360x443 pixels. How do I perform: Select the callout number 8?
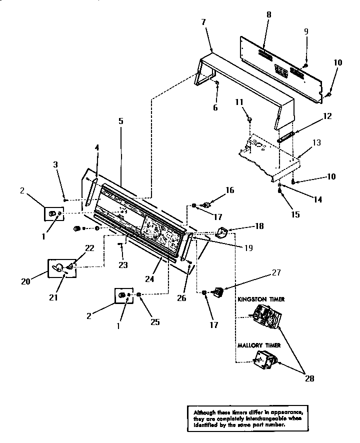[268, 15]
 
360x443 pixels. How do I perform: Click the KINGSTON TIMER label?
[261, 299]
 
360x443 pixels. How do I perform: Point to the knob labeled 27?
[218, 290]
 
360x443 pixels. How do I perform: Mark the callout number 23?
[122, 265]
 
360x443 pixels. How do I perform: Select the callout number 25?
[155, 322]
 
